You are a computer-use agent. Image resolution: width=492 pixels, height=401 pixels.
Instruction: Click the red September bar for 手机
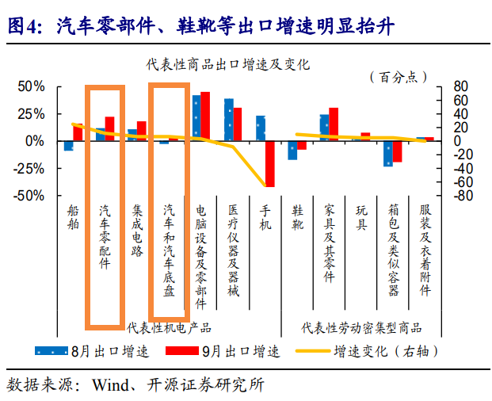pyautogui.click(x=270, y=163)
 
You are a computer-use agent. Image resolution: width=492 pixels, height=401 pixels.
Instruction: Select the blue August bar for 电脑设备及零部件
pyautogui.click(x=196, y=117)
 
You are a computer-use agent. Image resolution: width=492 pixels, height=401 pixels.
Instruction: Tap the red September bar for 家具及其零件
pyautogui.click(x=334, y=124)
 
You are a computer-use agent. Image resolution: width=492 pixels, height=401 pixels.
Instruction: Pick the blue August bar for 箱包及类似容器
pyautogui.click(x=388, y=153)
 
